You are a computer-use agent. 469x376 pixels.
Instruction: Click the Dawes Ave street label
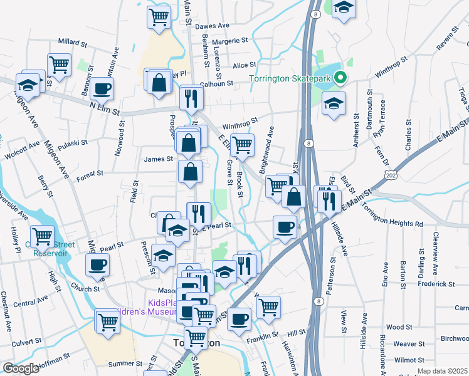click(x=213, y=26)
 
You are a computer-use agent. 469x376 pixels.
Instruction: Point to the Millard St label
click(x=72, y=43)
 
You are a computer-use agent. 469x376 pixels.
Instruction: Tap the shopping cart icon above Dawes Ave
click(x=159, y=17)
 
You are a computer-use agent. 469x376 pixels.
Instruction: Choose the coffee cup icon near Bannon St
click(x=102, y=88)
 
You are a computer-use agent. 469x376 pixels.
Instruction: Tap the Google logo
click(x=21, y=368)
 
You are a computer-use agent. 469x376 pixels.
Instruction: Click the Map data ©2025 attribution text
click(x=442, y=371)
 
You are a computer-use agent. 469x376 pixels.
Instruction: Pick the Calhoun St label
click(x=216, y=83)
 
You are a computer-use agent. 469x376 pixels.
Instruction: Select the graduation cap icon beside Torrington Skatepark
click(x=334, y=104)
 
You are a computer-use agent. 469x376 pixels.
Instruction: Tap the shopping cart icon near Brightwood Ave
click(x=242, y=145)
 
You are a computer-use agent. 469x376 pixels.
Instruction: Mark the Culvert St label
click(x=25, y=342)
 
